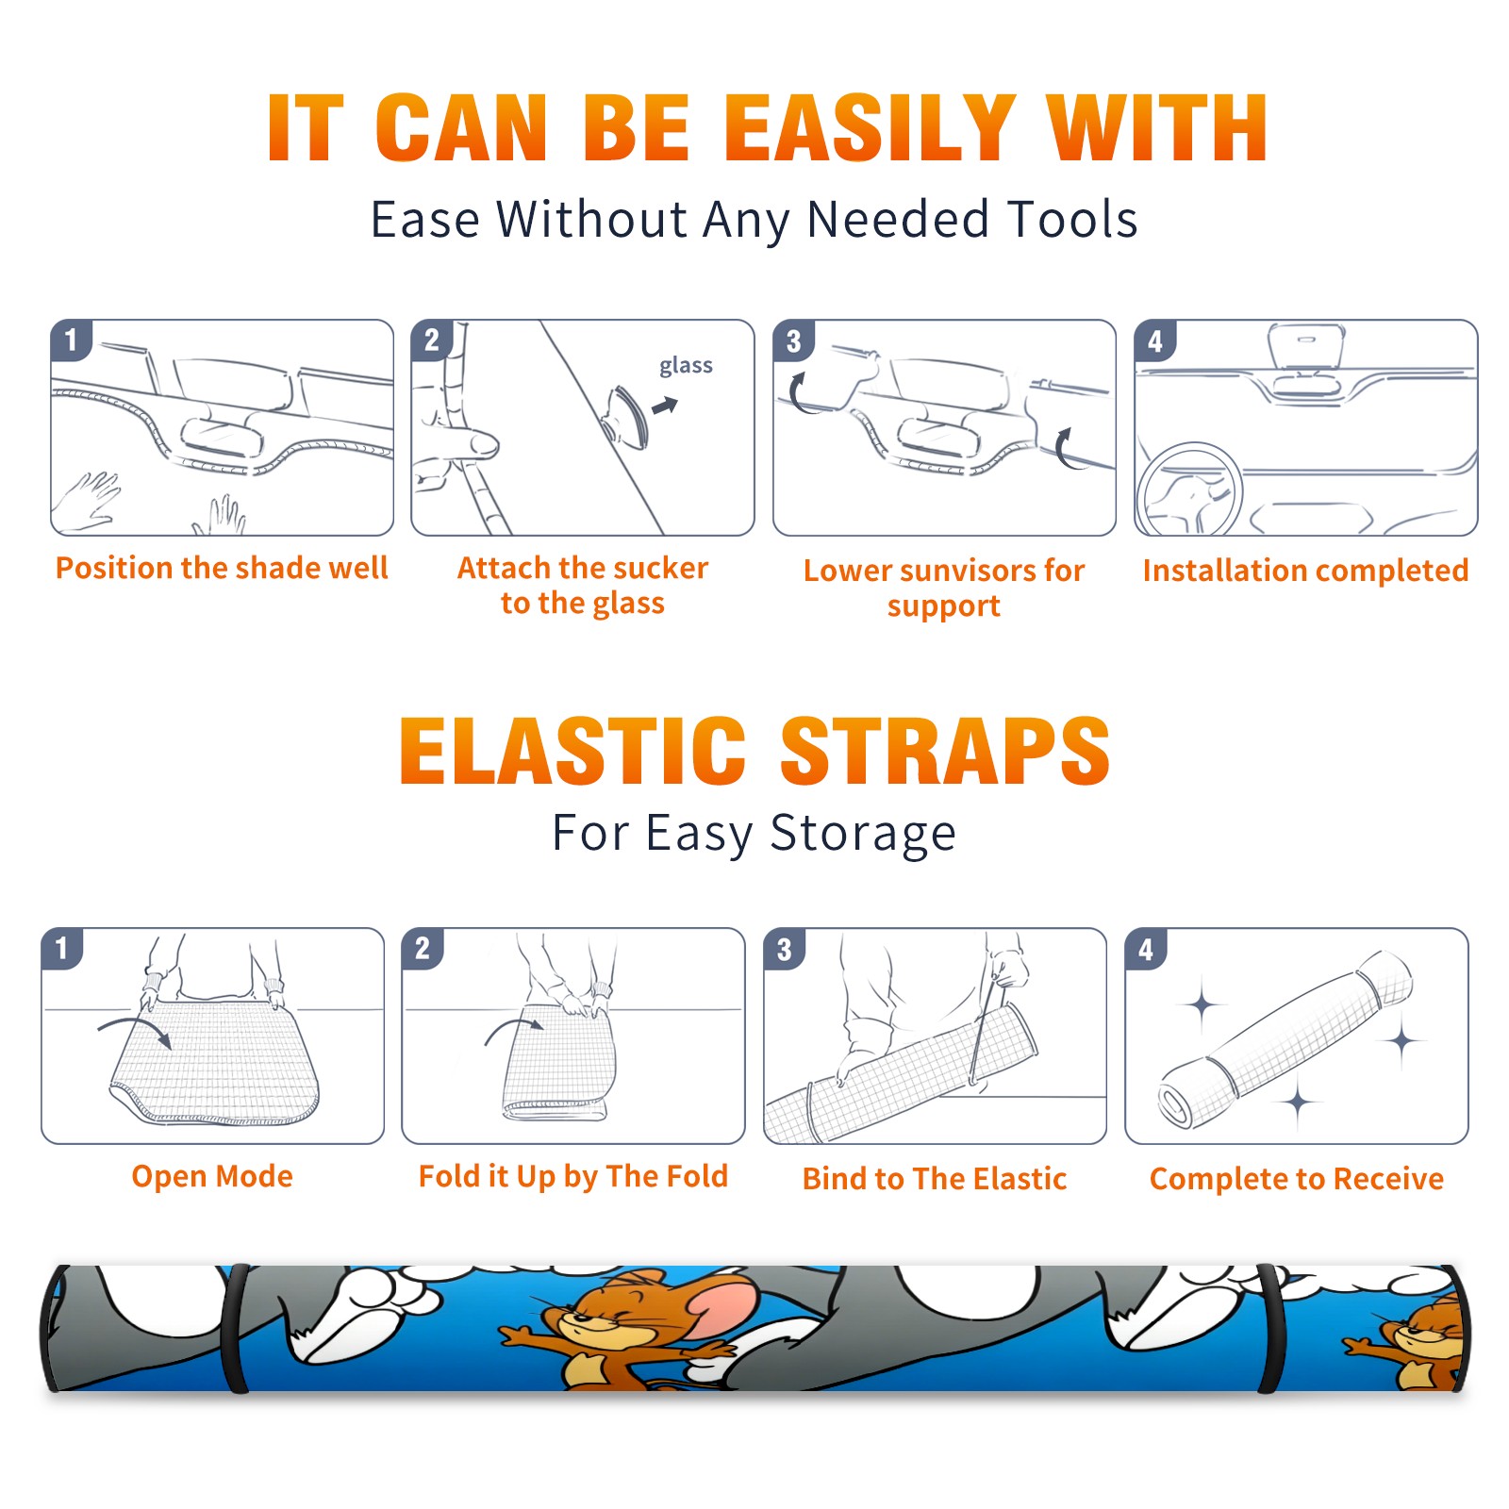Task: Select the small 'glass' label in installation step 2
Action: coord(686,366)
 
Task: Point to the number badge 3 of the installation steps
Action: coord(793,340)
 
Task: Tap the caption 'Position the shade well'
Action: coord(222,568)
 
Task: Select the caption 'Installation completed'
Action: coord(1305,571)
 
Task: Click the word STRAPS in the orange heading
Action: coord(945,751)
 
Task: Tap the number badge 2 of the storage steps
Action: coord(422,948)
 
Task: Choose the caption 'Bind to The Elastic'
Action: coord(934,1178)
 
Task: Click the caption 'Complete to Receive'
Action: coord(1297,1178)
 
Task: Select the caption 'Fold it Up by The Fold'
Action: coord(573,1176)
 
